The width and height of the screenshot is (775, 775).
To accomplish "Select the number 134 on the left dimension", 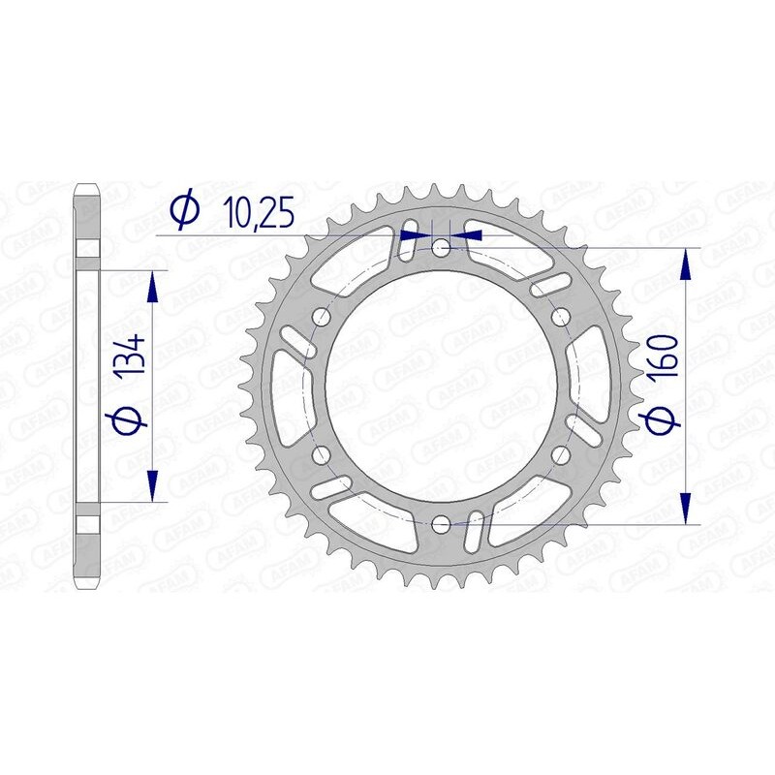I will click(x=134, y=356).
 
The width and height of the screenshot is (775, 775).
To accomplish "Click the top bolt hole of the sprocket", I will click(x=441, y=248).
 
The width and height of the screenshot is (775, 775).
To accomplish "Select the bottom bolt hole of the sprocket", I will click(x=441, y=524).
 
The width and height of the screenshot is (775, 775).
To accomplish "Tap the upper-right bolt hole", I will click(x=559, y=317).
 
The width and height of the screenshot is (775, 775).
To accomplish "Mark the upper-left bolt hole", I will click(x=322, y=317).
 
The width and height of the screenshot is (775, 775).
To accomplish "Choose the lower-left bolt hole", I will click(x=322, y=454).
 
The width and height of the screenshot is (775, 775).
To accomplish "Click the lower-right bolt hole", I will click(x=559, y=454).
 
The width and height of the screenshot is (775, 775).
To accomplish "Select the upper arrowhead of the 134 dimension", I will click(x=152, y=287).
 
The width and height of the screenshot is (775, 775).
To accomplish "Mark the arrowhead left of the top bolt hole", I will click(x=418, y=233).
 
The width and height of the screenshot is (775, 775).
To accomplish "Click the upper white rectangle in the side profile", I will click(x=87, y=248).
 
